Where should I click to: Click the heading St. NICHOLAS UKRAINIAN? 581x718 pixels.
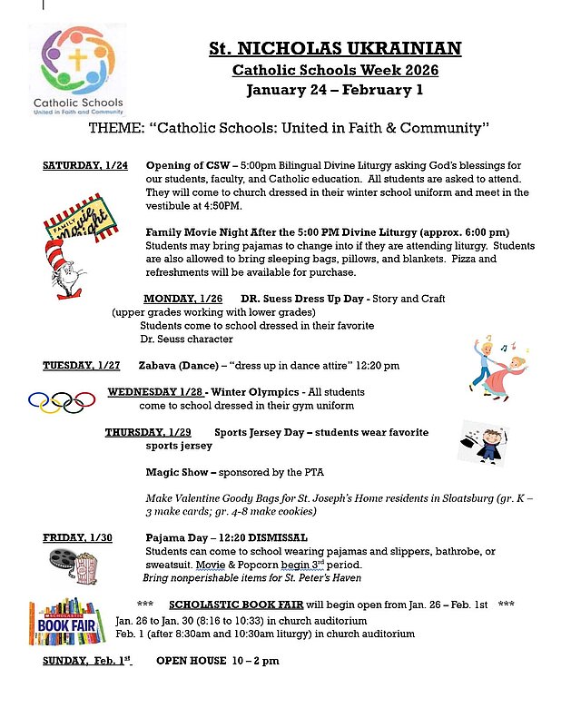pyautogui.click(x=335, y=48)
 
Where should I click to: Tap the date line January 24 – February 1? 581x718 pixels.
pyautogui.click(x=335, y=90)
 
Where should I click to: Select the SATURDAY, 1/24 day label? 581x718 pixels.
pyautogui.click(x=85, y=165)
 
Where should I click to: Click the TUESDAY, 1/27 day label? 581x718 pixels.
pyautogui.click(x=82, y=366)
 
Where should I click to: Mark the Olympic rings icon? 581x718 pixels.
pyautogui.click(x=62, y=401)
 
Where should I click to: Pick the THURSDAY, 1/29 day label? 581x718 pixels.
pyautogui.click(x=148, y=432)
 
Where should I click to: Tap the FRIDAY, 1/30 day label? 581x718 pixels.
pyautogui.click(x=77, y=538)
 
